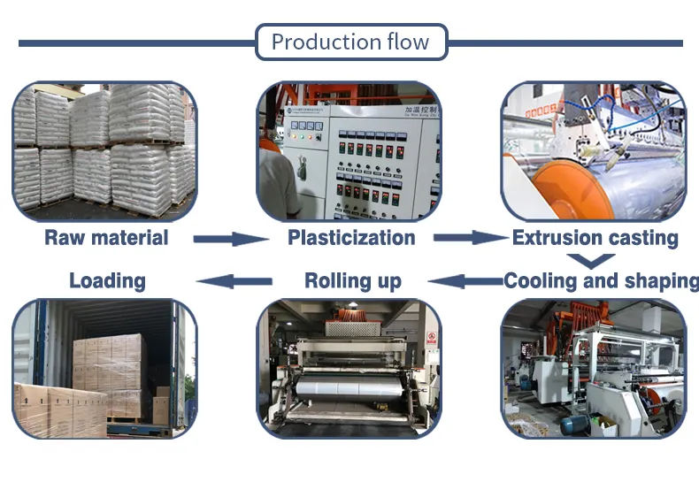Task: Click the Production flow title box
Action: click(350, 42)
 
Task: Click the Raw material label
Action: click(106, 237)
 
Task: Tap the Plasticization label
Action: click(351, 237)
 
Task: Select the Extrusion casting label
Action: click(595, 237)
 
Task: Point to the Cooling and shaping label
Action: click(601, 281)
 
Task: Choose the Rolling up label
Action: click(352, 281)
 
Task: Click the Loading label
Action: click(107, 281)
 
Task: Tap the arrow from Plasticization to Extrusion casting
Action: click(472, 237)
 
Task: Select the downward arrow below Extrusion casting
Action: click(590, 260)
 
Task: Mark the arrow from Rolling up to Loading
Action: click(234, 281)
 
